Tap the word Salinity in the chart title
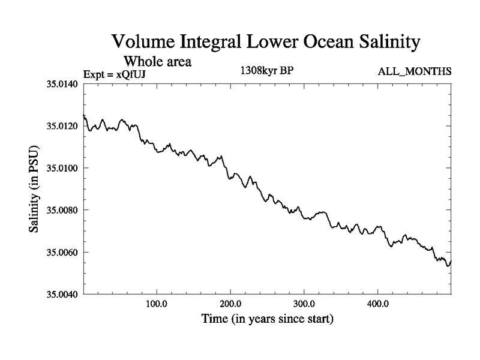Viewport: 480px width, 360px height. pos(383,43)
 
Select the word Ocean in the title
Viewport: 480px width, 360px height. pos(317,43)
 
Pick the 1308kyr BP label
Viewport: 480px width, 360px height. pos(266,71)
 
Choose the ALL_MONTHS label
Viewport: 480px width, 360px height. pos(415,71)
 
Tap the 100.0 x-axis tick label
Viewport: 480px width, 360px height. pos(157,304)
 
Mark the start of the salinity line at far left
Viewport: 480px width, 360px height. pos(84,115)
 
